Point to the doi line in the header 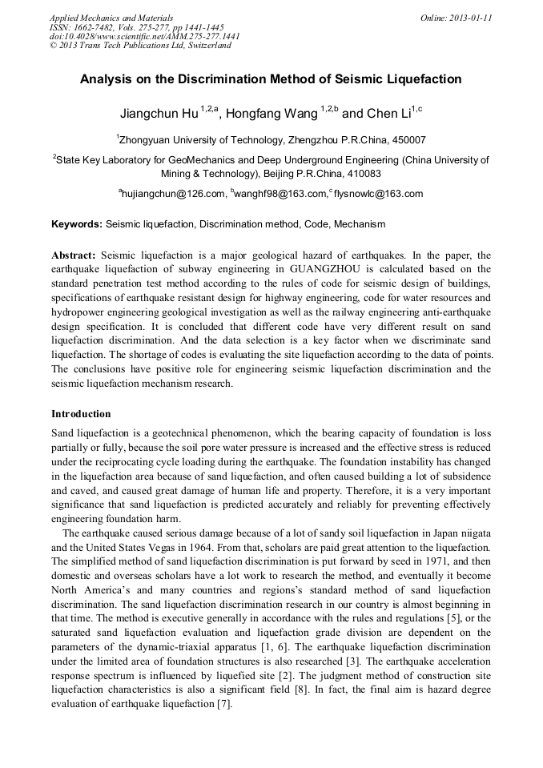coord(144,36)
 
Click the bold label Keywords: coord(77,224)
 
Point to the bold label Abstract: coord(74,252)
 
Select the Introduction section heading coord(81,414)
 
